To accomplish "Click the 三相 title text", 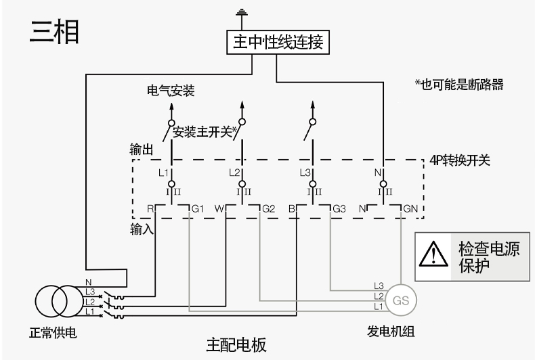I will (x=55, y=32).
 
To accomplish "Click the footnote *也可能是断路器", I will (x=459, y=85).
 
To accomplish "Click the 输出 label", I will (x=141, y=148).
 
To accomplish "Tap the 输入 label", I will (x=141, y=229).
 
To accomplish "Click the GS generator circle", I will (x=401, y=300).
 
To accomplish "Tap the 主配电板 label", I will (x=236, y=345).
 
